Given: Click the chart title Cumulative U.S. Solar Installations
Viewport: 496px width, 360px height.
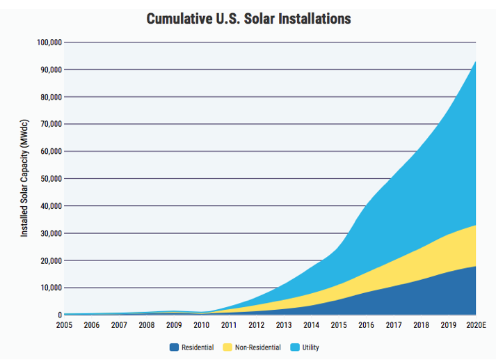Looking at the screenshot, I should coord(248,18).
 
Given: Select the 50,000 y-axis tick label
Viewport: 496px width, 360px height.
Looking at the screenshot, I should coord(51,179).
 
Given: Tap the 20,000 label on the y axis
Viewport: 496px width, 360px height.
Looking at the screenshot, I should coord(51,260).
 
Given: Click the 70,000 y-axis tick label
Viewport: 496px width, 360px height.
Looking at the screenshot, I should coord(51,124).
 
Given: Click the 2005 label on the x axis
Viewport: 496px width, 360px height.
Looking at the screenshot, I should coord(64,326).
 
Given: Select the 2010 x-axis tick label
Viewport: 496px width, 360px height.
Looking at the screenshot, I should coord(201,326).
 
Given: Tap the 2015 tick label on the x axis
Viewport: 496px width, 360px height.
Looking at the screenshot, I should coord(338,326).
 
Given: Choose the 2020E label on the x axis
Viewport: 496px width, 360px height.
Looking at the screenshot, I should coord(475,326).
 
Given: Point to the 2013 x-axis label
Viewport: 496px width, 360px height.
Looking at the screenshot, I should coord(283,326).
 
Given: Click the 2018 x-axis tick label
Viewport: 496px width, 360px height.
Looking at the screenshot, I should coord(420,326).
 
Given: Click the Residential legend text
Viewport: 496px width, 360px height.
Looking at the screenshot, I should coord(198,347).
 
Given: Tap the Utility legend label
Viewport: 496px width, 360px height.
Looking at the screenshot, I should coord(310,347).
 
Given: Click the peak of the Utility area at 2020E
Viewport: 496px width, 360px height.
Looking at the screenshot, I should coord(475,62).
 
